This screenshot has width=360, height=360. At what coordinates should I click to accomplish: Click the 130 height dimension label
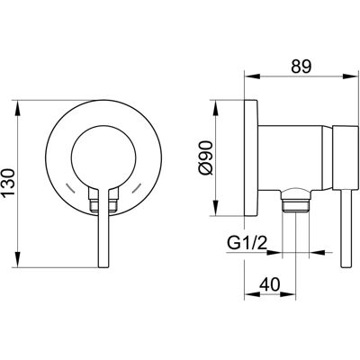[x=9, y=183]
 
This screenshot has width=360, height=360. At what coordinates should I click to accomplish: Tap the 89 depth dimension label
[x=301, y=67]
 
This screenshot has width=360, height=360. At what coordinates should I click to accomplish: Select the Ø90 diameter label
[x=206, y=158]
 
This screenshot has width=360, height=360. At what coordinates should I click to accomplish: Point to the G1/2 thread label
[x=247, y=244]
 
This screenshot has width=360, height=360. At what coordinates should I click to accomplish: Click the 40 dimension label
[x=269, y=284]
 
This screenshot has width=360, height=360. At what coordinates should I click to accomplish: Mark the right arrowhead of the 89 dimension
[x=350, y=76]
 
